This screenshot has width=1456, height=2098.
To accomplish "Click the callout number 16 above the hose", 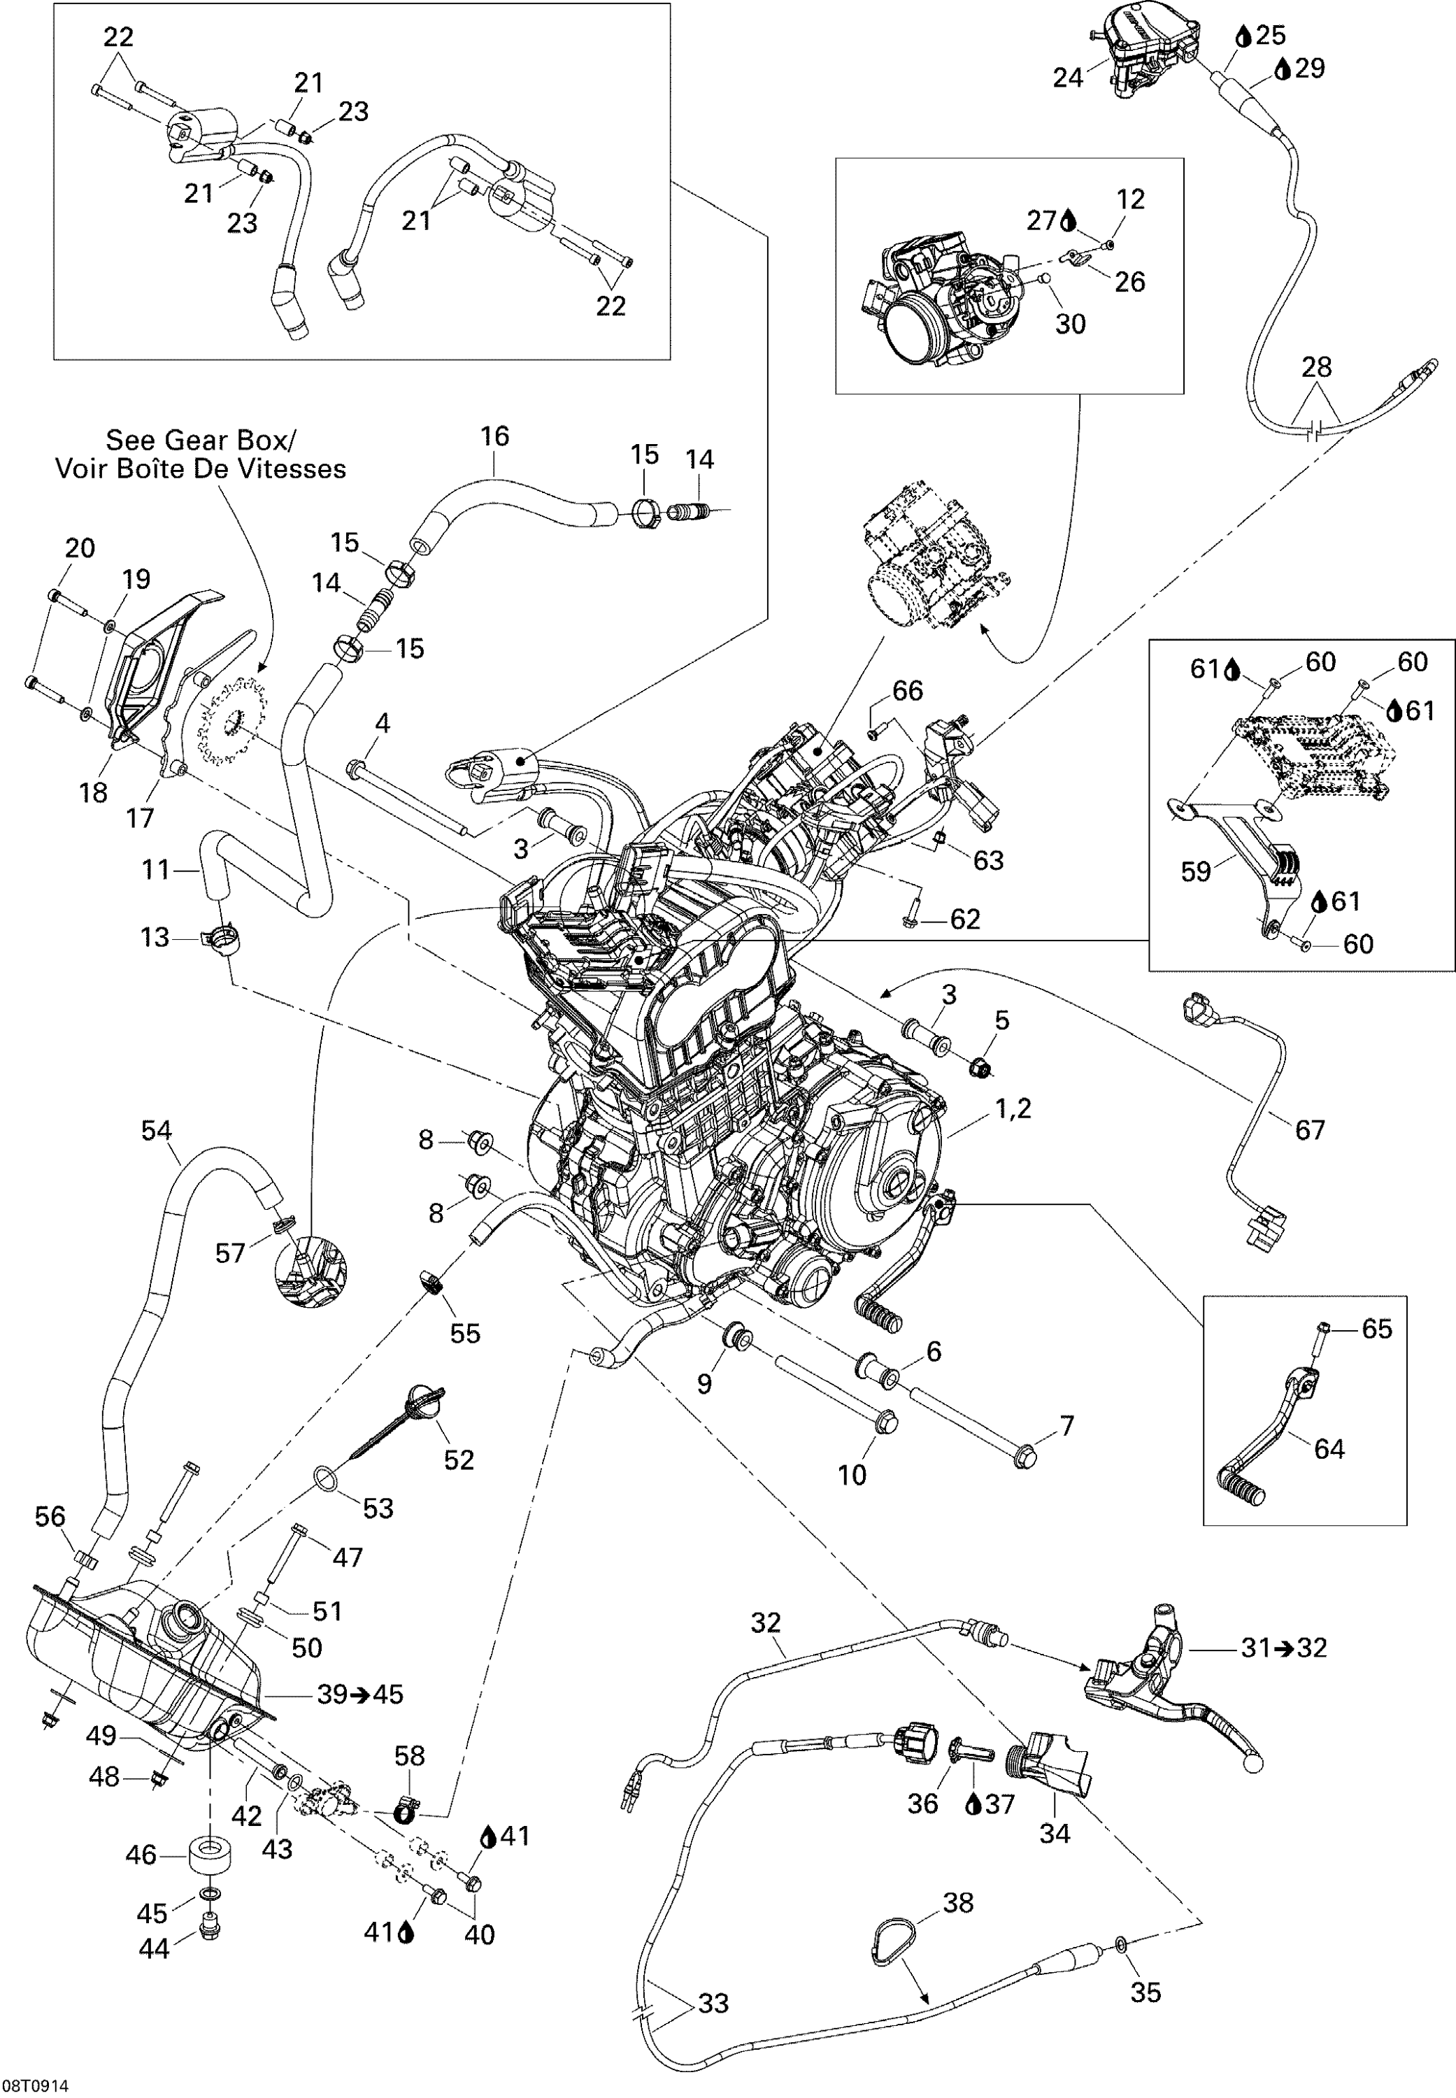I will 494,436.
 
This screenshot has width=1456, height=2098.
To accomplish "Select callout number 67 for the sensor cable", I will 1309,1129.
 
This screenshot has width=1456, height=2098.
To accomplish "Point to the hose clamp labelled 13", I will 219,939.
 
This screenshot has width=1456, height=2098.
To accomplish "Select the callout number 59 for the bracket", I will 1195,871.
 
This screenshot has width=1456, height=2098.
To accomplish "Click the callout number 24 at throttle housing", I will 1067,78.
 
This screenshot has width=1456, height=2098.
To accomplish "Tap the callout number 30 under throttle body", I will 1070,324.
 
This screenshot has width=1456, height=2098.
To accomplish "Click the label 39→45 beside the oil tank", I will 359,1694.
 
